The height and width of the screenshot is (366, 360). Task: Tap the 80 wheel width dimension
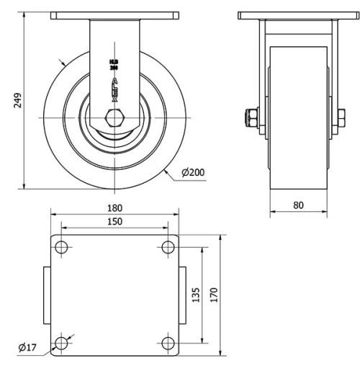point(298,205)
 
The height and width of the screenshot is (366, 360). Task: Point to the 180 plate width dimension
point(114,209)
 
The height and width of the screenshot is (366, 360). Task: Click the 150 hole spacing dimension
point(114,222)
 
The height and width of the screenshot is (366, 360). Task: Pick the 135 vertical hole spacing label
point(196,295)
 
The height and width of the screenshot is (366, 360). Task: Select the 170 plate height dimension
point(215,295)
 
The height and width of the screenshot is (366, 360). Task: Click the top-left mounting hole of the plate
point(61,248)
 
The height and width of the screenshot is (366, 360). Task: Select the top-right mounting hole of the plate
point(168,248)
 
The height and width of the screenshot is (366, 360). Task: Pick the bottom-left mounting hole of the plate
point(61,344)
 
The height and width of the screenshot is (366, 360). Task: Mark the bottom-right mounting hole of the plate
point(168,344)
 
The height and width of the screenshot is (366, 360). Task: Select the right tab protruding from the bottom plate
point(182,295)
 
